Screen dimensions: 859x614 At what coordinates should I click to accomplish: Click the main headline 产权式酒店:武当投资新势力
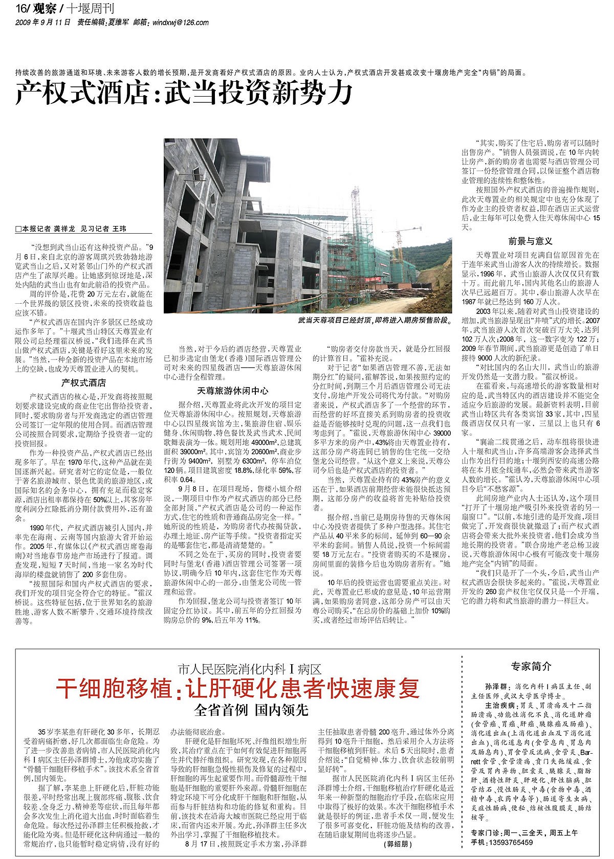(x=184, y=93)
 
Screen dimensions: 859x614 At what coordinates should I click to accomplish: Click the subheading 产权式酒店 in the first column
(x=84, y=382)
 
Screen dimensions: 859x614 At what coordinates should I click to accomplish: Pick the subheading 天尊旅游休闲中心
(x=233, y=391)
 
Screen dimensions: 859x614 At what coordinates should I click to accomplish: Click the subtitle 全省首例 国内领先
(x=251, y=710)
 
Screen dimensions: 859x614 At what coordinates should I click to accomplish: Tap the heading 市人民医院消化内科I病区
(x=250, y=669)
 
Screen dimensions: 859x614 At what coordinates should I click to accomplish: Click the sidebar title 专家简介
(x=531, y=666)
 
